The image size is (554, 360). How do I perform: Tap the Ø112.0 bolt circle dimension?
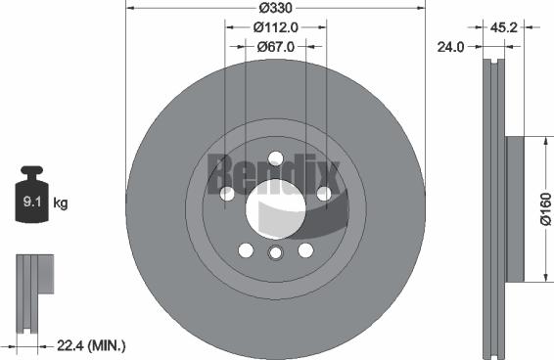(x=275, y=28)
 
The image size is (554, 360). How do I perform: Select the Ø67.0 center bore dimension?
(x=275, y=46)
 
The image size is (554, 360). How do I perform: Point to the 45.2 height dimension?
(x=505, y=28)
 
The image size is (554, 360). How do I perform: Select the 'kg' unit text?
(x=60, y=203)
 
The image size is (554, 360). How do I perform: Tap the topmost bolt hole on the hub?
(x=275, y=157)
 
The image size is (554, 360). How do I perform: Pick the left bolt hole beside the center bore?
(x=227, y=194)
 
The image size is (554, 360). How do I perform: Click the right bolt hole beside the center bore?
(x=323, y=194)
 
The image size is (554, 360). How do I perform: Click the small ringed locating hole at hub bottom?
(x=275, y=254)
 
